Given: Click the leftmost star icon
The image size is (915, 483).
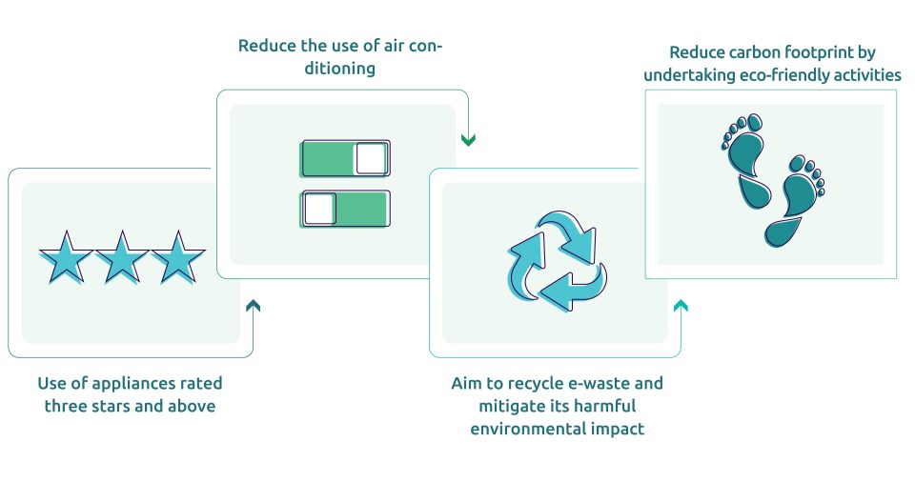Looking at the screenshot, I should (x=66, y=257).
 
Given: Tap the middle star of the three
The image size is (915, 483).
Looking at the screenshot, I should (x=121, y=257).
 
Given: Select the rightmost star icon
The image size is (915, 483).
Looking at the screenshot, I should (x=177, y=257).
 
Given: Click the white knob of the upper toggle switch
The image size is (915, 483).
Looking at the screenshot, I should (x=371, y=159).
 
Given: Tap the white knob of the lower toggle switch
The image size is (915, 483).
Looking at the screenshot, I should (x=319, y=209).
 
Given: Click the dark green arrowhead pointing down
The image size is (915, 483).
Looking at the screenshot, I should (x=468, y=141).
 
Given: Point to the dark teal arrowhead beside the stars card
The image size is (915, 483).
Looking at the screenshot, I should (x=253, y=306).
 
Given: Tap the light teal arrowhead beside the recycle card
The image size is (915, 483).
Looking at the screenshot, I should (x=680, y=306).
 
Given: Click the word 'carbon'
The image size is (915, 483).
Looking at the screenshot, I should (x=754, y=51).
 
